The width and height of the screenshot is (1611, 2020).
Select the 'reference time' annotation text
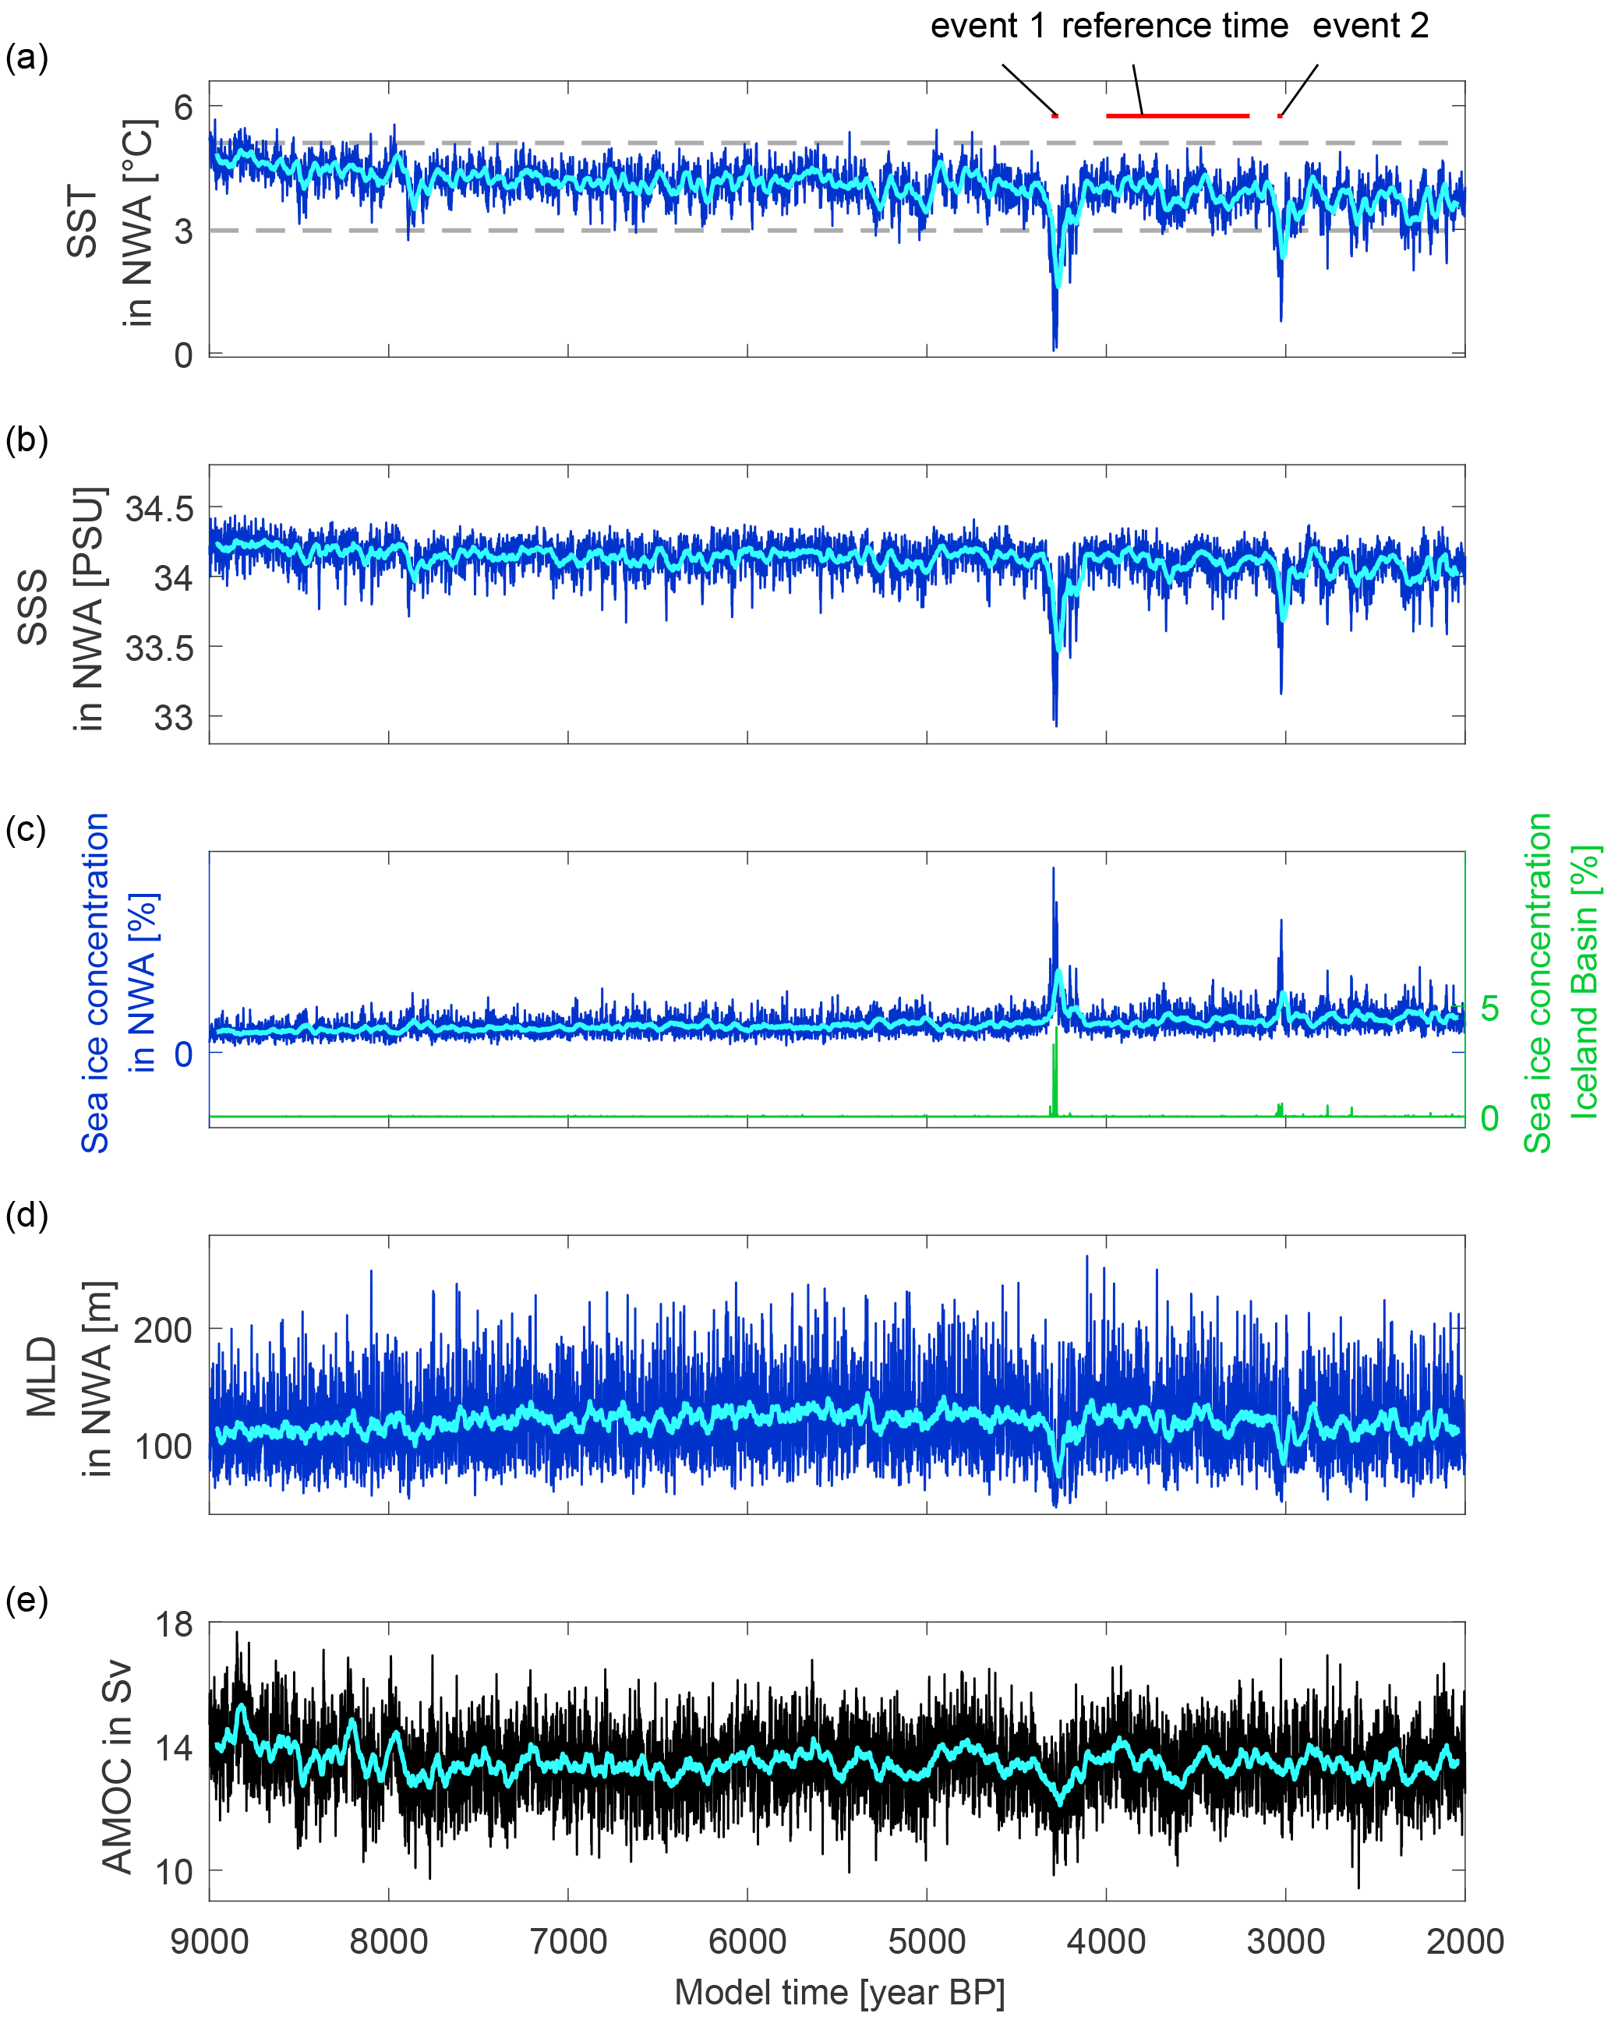coord(1175,26)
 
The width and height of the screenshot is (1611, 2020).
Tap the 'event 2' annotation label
coord(1370,26)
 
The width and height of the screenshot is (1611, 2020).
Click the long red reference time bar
coord(1177,116)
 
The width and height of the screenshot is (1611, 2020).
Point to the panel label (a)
coord(26,58)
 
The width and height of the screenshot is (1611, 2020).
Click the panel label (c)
coord(26,829)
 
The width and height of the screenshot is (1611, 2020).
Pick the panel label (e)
coord(26,1600)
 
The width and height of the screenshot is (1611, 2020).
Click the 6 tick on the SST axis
coord(182,107)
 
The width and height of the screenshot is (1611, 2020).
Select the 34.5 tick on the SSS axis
coord(159,510)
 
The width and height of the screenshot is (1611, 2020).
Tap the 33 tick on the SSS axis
coord(172,718)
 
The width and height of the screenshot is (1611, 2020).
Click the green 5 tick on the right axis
coord(1489,1008)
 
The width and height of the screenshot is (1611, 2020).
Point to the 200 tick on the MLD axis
coord(163,1330)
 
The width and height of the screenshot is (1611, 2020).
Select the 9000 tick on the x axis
coord(209,1941)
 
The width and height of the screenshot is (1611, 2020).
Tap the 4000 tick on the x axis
coord(1106,1941)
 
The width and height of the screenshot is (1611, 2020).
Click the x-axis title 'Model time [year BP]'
coord(839,1992)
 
